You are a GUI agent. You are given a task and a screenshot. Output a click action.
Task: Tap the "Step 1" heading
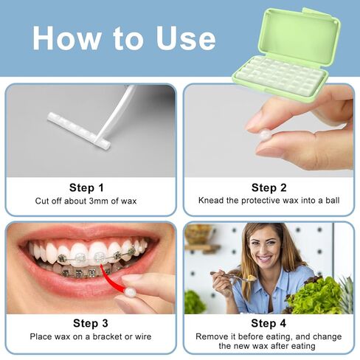tap(86, 188)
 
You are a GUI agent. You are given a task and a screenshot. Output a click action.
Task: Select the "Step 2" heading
tap(269, 188)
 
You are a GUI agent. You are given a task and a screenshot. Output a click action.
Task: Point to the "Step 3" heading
tap(91, 323)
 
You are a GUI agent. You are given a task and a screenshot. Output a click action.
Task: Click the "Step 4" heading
tap(269, 323)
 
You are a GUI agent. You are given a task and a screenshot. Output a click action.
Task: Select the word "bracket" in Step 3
tap(108, 336)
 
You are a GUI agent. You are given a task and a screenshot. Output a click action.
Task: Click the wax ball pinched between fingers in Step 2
tap(266, 134)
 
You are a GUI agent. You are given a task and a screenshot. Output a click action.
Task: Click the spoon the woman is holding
tap(231, 276)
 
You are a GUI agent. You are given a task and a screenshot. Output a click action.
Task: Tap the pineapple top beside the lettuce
tap(346, 290)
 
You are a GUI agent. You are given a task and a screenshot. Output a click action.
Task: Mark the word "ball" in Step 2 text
tap(333, 201)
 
